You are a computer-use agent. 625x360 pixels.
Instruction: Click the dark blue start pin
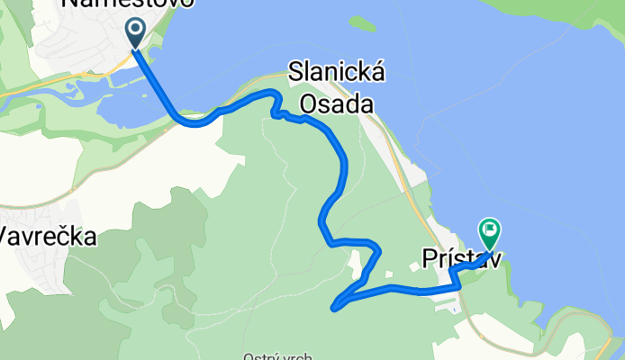click(135, 33)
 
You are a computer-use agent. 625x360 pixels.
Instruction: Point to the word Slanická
click(337, 74)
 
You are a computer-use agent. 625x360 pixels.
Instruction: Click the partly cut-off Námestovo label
click(126, 4)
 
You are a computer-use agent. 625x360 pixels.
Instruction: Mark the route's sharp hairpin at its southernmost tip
click(335, 307)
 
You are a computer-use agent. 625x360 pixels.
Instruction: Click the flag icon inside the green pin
click(491, 231)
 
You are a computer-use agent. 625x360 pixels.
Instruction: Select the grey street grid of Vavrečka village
click(36, 270)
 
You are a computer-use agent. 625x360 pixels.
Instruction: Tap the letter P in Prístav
click(430, 259)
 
